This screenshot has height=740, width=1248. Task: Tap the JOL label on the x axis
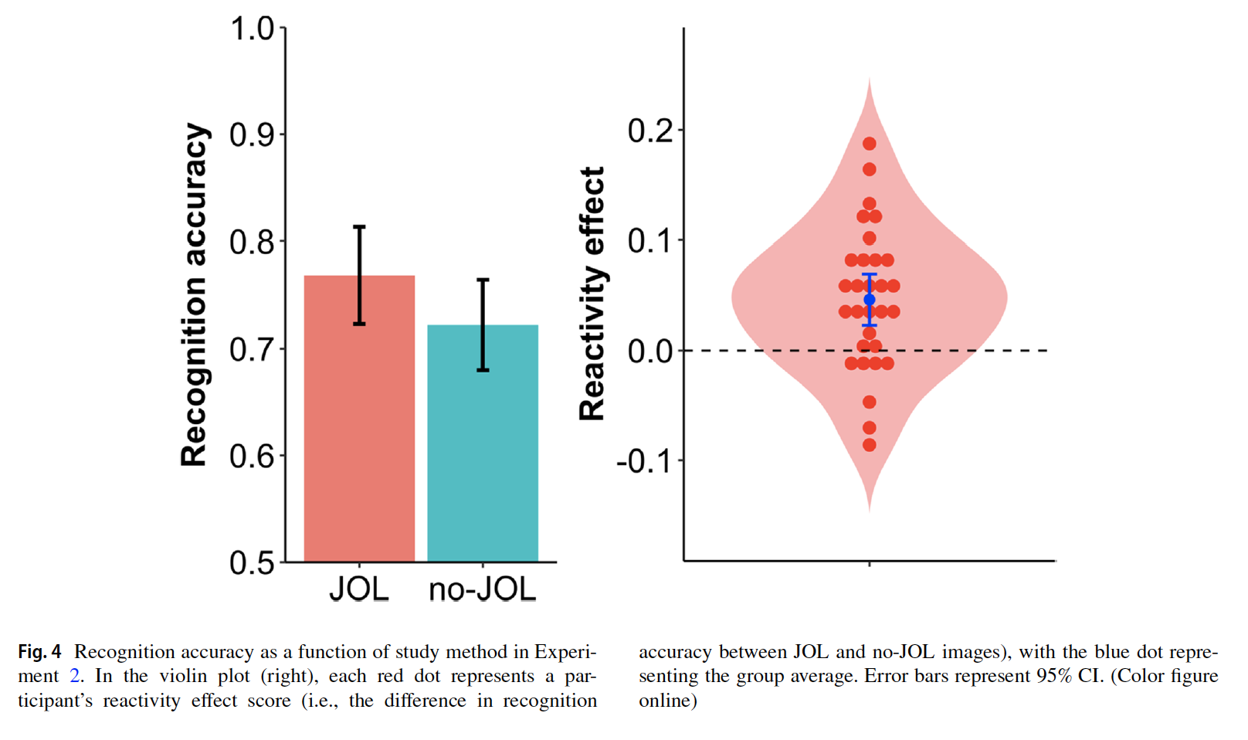[359, 590]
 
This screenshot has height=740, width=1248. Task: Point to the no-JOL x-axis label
[483, 590]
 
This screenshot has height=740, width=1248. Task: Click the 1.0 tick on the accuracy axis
[253, 29]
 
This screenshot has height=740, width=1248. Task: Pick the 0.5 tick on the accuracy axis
[253, 562]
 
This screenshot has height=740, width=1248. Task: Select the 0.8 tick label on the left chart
[253, 243]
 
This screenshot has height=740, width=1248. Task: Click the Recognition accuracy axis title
[194, 294]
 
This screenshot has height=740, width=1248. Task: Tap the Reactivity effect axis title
[592, 294]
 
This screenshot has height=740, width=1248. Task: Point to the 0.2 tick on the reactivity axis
[650, 131]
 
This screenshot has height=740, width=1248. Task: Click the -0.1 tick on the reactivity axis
[645, 461]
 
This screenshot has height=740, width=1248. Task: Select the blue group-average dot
[870, 300]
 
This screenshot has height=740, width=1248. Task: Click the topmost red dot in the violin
[870, 144]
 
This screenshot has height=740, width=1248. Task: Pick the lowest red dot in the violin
[870, 445]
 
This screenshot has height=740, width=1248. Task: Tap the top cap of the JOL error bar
[359, 227]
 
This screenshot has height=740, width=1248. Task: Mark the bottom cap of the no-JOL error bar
[483, 370]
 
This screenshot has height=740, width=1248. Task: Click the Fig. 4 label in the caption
[39, 652]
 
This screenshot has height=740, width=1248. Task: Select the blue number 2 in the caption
[74, 676]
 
